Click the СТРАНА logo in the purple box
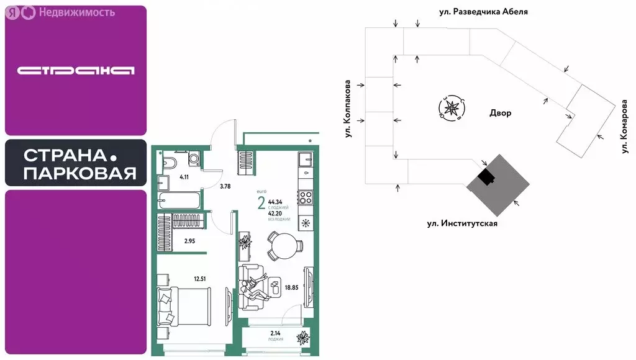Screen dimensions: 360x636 click(x=76, y=70)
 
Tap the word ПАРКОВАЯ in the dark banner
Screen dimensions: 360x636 click(x=80, y=174)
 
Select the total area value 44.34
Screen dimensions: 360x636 click(x=275, y=202)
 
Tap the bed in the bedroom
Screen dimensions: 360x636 click(x=184, y=306)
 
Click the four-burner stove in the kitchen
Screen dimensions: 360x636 click(x=306, y=198)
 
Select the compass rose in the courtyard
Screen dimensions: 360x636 click(x=450, y=109)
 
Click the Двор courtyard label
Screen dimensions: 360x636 click(x=501, y=114)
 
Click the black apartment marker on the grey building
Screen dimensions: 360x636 click(x=485, y=178)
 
